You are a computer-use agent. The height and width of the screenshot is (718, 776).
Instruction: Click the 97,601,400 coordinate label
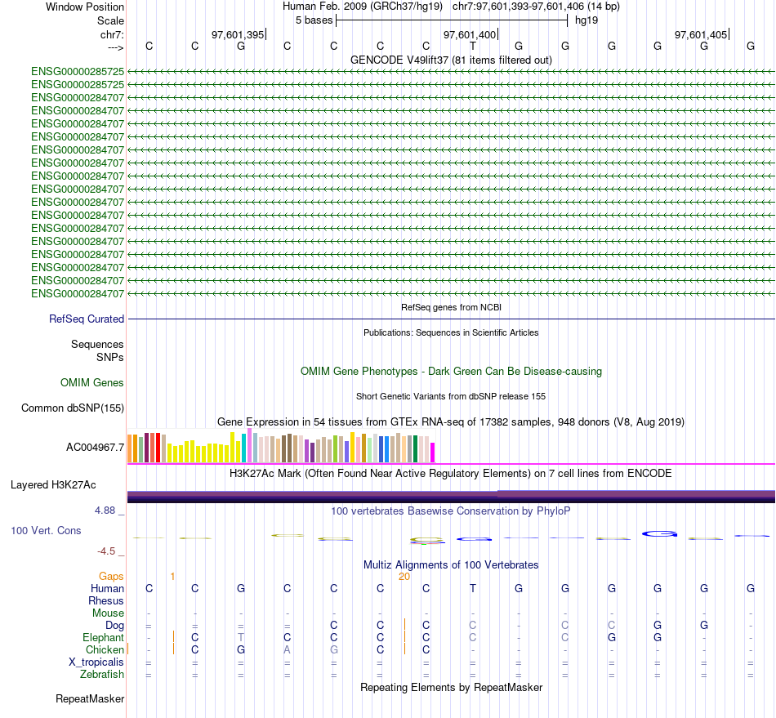point(469,35)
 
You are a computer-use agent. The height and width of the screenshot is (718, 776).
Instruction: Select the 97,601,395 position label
point(238,35)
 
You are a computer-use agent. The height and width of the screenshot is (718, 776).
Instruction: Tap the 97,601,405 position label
point(700,35)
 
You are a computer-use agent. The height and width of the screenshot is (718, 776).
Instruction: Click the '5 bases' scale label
point(314,20)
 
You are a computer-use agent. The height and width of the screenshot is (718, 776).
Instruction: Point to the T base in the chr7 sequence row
point(473,47)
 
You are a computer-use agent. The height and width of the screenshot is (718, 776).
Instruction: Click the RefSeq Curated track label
point(87,319)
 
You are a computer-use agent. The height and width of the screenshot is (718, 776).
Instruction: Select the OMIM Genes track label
point(92,383)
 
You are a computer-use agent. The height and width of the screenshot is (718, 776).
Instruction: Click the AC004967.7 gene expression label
point(95,448)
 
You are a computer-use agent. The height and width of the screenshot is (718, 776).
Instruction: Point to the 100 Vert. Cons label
point(46,531)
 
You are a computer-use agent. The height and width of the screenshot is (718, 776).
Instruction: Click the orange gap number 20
point(404,577)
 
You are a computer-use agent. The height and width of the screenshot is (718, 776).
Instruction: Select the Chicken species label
point(103,650)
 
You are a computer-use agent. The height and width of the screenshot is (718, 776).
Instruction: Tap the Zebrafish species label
point(102,675)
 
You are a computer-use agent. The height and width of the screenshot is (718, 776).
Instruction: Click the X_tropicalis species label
point(96,662)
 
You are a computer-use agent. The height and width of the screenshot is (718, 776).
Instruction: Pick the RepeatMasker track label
point(90,699)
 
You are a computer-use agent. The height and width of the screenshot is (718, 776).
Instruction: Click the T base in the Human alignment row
point(473,589)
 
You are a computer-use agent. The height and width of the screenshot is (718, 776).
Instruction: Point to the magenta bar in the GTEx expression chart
point(433,452)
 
